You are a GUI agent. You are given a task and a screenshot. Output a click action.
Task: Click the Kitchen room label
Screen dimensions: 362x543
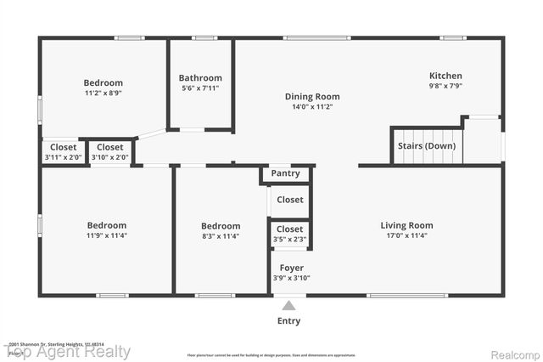point(445,76)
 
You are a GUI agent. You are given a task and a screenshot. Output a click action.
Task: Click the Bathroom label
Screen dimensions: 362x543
point(200,77)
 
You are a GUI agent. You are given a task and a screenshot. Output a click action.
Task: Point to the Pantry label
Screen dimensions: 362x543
point(285,173)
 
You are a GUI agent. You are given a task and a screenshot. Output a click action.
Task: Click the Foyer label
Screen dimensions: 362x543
point(291,268)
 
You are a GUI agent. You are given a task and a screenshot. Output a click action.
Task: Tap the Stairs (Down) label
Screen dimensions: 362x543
point(426,145)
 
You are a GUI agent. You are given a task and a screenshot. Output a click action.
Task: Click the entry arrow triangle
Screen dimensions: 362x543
point(289,305)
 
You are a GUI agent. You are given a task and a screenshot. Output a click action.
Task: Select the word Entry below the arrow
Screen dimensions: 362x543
point(289,321)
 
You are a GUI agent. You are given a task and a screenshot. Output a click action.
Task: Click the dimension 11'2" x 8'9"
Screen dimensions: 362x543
point(103,93)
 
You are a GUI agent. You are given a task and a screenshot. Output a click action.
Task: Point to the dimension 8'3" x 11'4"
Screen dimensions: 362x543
point(221,236)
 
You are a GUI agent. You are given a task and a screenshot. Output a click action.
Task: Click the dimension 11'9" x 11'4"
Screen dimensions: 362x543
point(107,236)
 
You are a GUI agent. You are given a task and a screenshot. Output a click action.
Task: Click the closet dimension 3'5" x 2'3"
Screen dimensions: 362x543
point(290,240)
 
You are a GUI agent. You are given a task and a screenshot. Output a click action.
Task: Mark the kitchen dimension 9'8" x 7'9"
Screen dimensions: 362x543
point(445,87)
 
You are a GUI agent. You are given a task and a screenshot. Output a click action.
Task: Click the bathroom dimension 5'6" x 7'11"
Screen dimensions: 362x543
point(200,88)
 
